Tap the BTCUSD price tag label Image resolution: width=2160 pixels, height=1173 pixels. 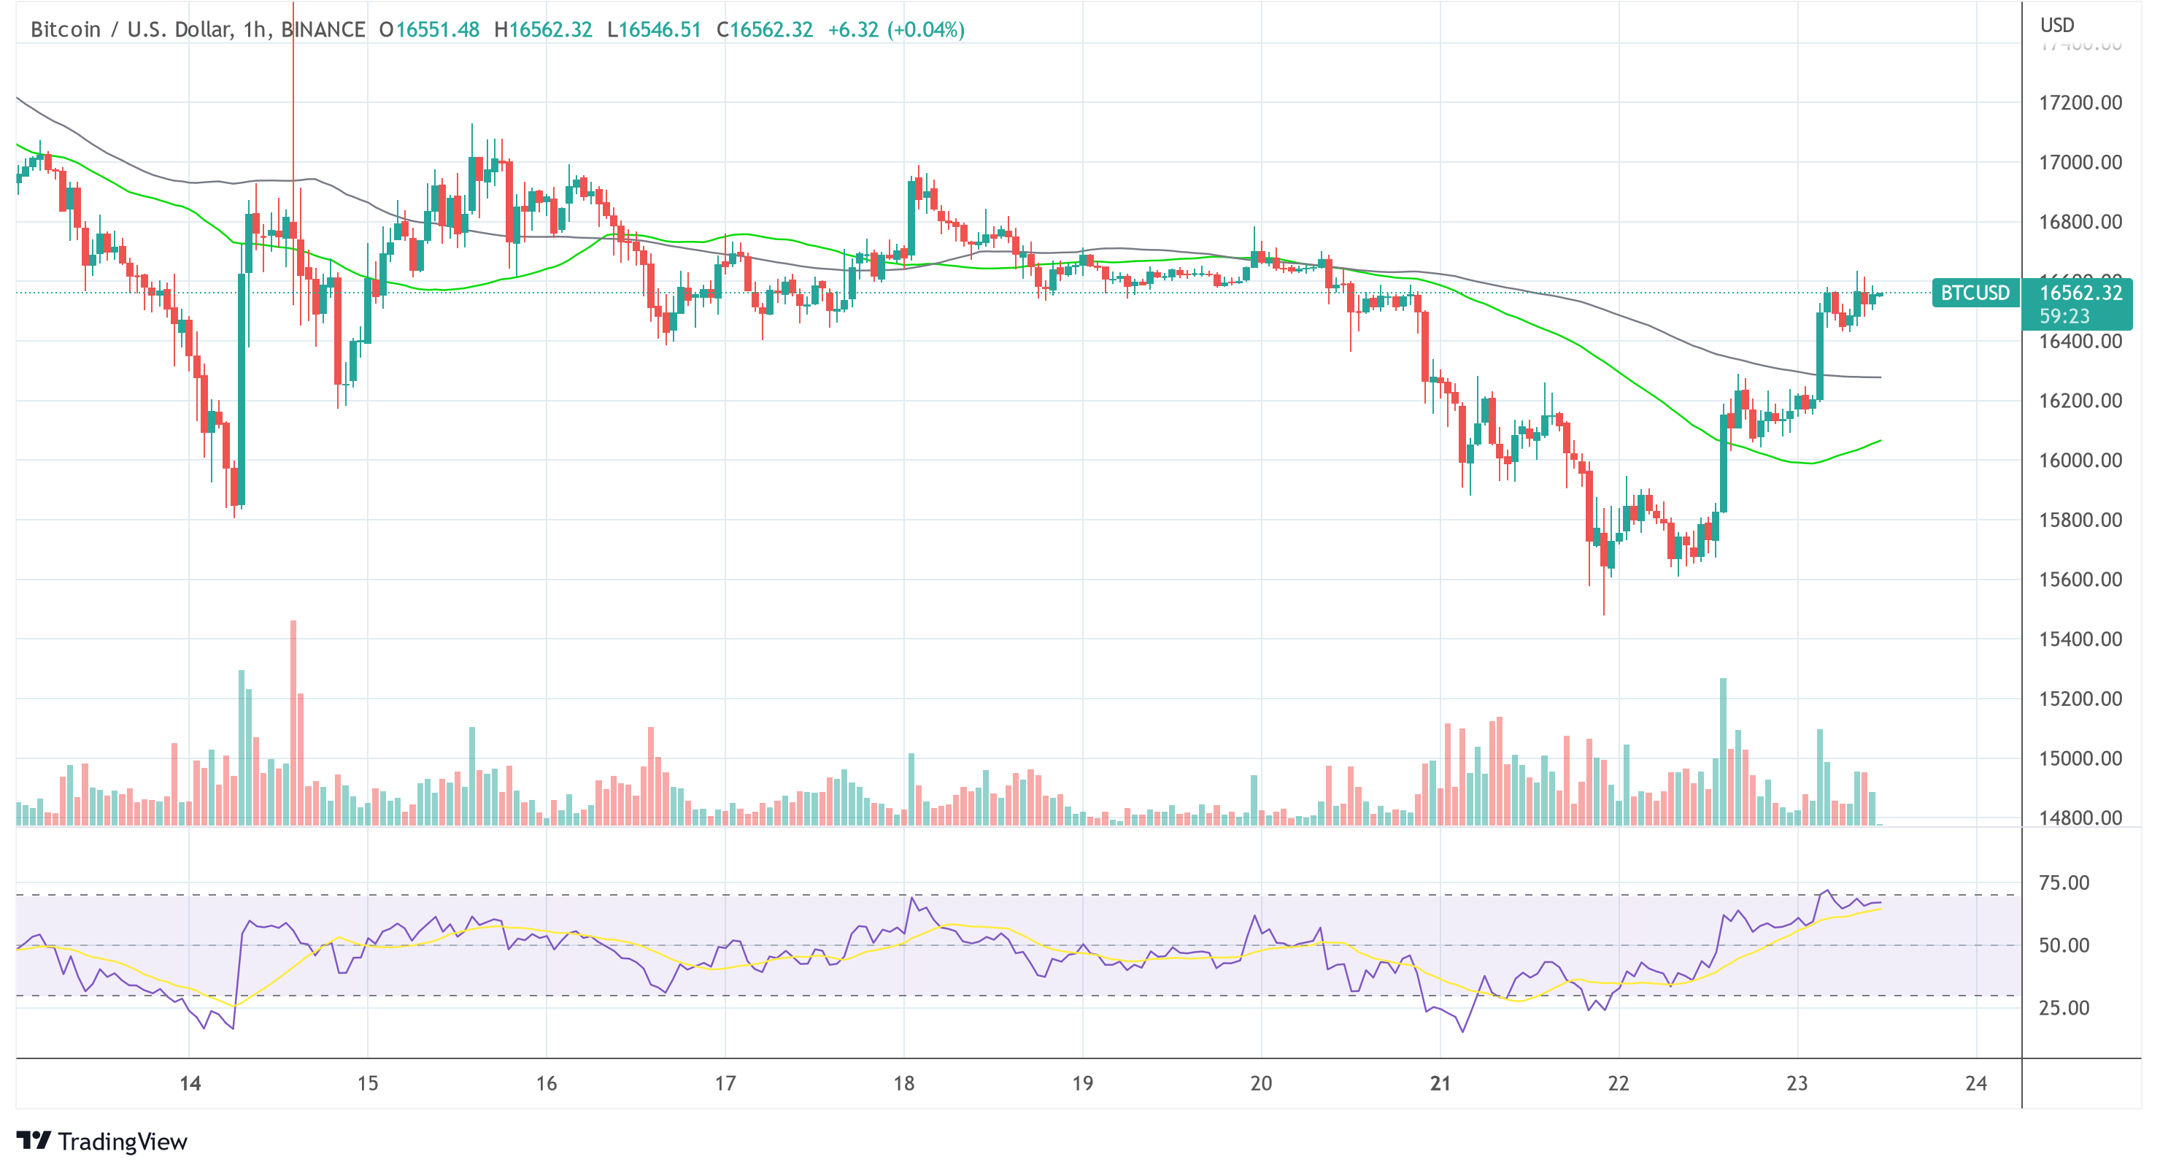click(x=1975, y=293)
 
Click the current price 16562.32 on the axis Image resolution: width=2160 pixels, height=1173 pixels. click(x=2080, y=293)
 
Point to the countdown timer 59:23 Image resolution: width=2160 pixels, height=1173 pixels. click(x=2064, y=316)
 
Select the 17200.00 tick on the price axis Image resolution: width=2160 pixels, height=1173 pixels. click(x=2080, y=103)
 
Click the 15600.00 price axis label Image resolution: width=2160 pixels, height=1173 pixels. click(x=2080, y=580)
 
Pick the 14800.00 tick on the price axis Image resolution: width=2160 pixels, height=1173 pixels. click(x=2080, y=818)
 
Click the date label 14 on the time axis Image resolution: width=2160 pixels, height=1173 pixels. click(x=190, y=1083)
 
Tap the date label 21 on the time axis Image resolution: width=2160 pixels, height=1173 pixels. click(x=1440, y=1083)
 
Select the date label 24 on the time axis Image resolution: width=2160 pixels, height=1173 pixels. click(x=1975, y=1083)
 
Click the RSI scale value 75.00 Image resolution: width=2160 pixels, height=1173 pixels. click(x=2064, y=882)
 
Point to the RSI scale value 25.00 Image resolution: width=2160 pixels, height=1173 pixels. click(x=2064, y=1007)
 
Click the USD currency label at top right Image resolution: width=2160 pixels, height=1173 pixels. click(x=2057, y=25)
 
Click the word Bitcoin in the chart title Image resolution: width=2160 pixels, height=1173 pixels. click(x=66, y=29)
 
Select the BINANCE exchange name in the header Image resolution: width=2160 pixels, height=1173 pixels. click(x=323, y=29)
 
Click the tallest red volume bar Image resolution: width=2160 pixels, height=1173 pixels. click(x=293, y=721)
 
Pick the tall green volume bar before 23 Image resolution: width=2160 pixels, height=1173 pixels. click(x=1723, y=750)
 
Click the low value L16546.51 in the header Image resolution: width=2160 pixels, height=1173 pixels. click(x=653, y=29)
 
